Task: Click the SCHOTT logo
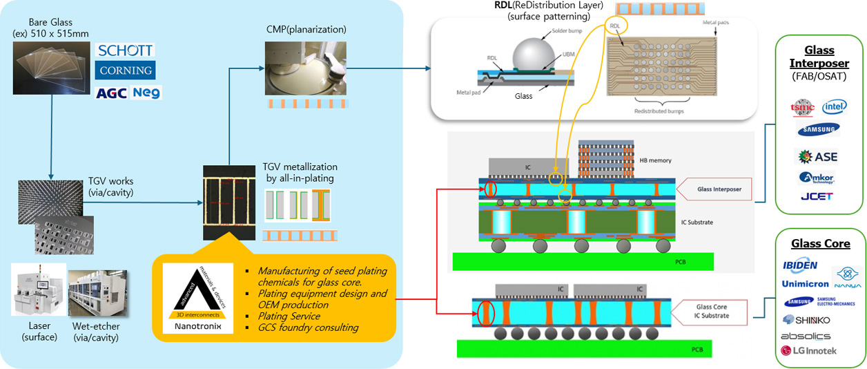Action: click(x=125, y=50)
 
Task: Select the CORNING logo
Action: click(x=125, y=70)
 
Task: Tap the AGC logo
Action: click(x=111, y=93)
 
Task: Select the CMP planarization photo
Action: click(x=305, y=66)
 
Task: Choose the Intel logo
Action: click(x=835, y=107)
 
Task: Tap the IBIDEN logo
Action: click(x=800, y=265)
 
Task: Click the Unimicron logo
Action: click(x=804, y=283)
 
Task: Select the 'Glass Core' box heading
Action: click(x=820, y=243)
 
